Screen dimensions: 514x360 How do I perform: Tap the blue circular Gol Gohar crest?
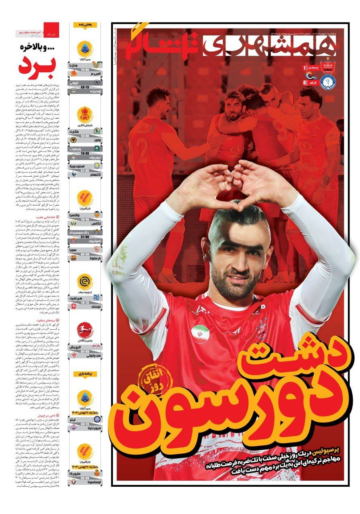[x=327, y=83]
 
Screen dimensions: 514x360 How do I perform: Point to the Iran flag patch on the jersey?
[x=200, y=334]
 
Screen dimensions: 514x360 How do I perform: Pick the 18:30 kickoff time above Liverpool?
[x=85, y=153]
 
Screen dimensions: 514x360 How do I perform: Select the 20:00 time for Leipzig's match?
[x=85, y=350]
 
